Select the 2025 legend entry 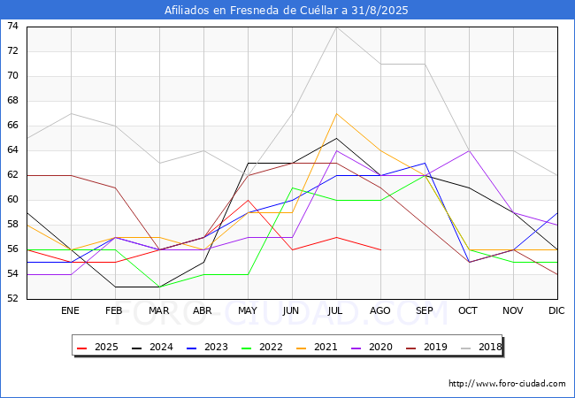pos(98,347)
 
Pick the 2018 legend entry pos(482,347)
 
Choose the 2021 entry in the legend pos(318,347)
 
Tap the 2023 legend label pos(216,347)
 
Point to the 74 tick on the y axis pos(12,26)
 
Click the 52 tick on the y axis pos(12,299)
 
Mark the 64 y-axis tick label pos(12,149)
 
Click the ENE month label pos(70,310)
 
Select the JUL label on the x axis pos(335,310)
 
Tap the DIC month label pos(556,310)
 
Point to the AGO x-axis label pos(379,310)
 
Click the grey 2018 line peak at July pos(337,27)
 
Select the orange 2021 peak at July pos(337,113)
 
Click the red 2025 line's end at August pos(381,250)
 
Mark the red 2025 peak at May pos(249,200)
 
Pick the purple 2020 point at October pos(470,150)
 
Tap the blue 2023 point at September pos(425,163)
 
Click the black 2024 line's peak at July pos(337,138)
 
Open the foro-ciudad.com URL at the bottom pos(507,384)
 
